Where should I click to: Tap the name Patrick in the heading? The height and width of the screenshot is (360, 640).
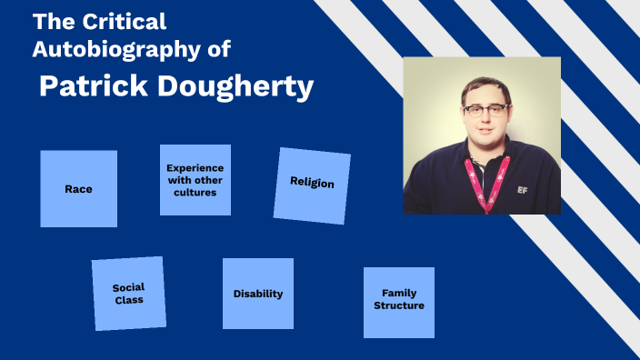coord(91,86)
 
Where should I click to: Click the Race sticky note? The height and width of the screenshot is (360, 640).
coord(78,188)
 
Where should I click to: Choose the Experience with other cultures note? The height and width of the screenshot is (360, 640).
coord(195,180)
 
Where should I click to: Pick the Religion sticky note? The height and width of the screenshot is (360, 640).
coord(312,185)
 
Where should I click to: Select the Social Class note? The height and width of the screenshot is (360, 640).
coord(128,293)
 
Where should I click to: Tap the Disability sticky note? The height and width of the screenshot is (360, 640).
coord(258,294)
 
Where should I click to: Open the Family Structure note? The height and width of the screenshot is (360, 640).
coord(398,302)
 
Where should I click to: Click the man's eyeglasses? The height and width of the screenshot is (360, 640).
coord(485,110)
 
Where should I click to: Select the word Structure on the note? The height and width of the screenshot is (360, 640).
coord(398,306)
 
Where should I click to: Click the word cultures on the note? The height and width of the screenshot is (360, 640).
coord(195,192)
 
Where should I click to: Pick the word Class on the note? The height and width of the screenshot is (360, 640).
coord(128,299)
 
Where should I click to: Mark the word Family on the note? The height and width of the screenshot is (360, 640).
coord(399,294)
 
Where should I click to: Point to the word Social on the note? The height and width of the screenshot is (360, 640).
coord(128,287)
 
